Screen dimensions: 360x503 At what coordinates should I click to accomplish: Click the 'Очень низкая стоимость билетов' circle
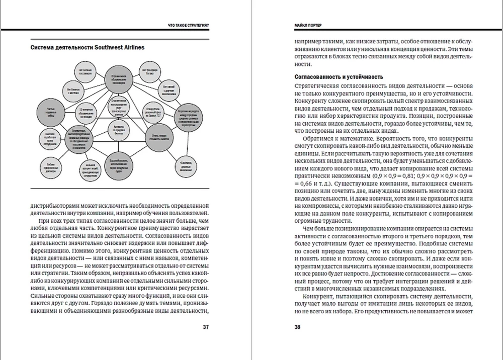[158, 137]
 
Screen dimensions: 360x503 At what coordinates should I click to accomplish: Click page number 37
[206, 327]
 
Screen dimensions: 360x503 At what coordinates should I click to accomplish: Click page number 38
[297, 327]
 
